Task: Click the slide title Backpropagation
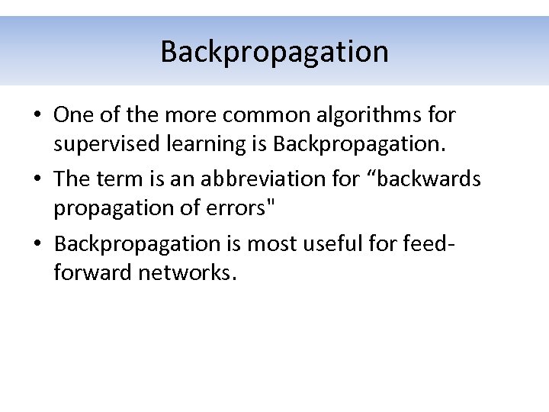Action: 274,52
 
